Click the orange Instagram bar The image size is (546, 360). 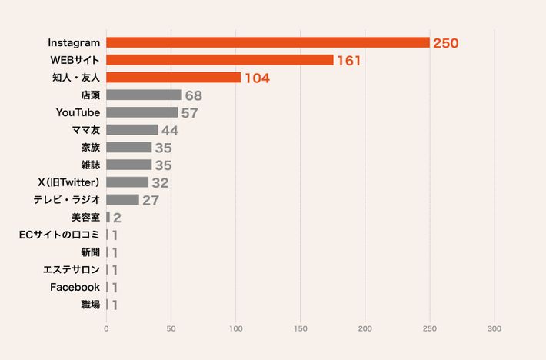point(268,42)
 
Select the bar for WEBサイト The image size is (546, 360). point(219,60)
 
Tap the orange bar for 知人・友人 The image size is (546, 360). point(173,78)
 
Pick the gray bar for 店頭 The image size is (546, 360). point(144,95)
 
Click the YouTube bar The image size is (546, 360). point(141,112)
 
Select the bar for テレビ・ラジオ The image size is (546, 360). point(122,200)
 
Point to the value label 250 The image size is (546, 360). point(445,43)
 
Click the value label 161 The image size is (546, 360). point(349,61)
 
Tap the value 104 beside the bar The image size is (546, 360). point(257,78)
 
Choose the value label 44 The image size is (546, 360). point(170,131)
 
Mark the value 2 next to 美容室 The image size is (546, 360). point(118,218)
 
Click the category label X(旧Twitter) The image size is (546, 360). point(68,182)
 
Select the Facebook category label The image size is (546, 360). point(75,287)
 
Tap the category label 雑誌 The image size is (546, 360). point(90,165)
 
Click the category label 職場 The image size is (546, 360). point(90,305)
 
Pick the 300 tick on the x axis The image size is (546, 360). point(494,328)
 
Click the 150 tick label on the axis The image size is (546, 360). point(300,328)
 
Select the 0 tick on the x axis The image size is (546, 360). point(106,328)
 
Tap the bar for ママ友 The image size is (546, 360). point(132,130)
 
